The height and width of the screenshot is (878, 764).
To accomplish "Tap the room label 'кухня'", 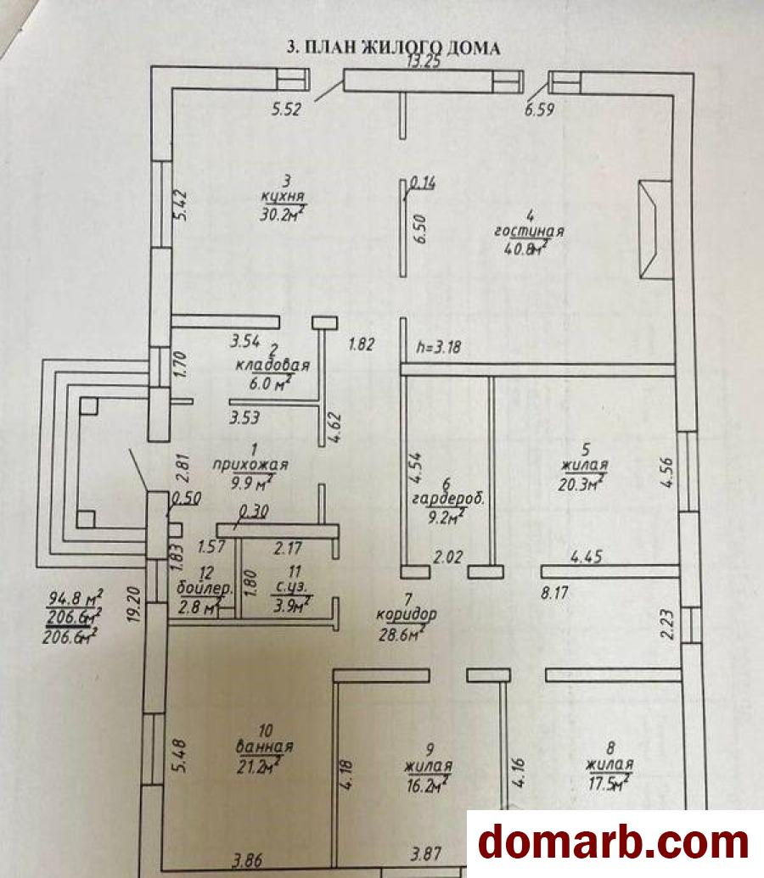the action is (283, 197).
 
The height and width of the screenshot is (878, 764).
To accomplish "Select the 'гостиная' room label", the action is (529, 231).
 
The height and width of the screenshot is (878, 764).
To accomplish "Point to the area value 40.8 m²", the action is (526, 248).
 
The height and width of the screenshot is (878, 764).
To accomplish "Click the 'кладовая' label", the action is (272, 366).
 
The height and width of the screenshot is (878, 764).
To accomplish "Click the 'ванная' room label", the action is (265, 747).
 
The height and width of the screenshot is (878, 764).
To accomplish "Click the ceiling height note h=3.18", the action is (439, 347).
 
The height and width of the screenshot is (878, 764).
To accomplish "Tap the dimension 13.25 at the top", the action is (424, 61).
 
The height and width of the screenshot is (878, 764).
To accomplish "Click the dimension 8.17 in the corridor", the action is (555, 592).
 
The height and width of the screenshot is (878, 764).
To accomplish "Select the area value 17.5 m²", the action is (610, 783).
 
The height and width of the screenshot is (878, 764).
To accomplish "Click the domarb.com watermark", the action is (615, 842).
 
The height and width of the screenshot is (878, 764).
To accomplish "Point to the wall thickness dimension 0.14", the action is (423, 183).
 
